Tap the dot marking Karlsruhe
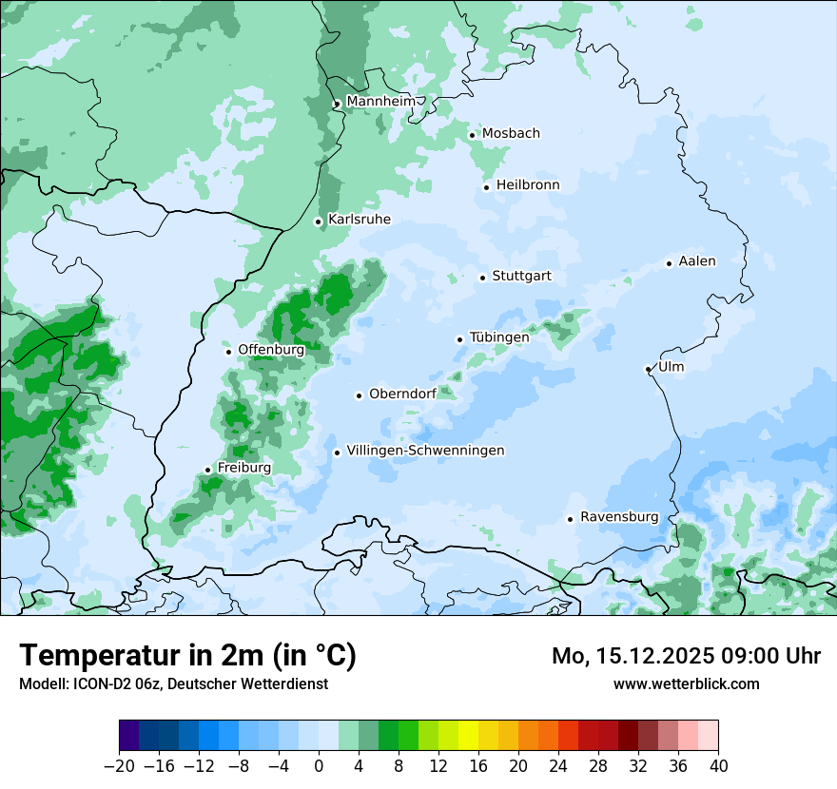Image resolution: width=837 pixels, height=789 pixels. pos(319,221)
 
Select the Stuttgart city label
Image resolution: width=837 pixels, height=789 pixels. pos(521,277)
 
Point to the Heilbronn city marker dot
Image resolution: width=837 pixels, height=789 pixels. pos(486,187)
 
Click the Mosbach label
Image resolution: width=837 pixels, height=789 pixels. pos(511,134)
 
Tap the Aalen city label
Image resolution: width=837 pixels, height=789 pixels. pos(697,261)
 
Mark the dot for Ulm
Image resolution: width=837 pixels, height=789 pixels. pos(648,369)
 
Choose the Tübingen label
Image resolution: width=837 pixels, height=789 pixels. pos(499,337)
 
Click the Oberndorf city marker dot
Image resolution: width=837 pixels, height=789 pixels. pos(359,395)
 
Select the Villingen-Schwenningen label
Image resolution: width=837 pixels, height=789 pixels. pos(425,451)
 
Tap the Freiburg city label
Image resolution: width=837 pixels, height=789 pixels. pos(243,468)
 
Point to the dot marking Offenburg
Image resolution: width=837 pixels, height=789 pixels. pos(228,352)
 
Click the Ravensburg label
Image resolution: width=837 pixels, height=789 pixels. pos(619,517)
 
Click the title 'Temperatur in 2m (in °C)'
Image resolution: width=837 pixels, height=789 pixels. pos(187,655)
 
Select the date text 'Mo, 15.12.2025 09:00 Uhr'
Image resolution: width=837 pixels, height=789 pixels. pos(686,656)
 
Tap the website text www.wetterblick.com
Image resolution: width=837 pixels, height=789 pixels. pos(686,683)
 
